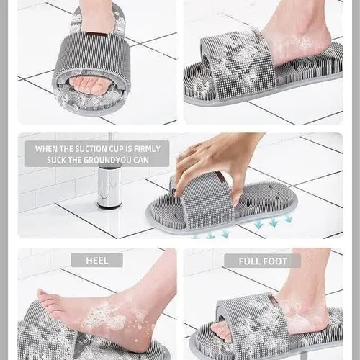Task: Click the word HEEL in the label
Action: pyautogui.click(x=97, y=261)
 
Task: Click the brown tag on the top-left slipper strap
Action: pyautogui.click(x=96, y=35)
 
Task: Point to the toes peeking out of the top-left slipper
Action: pyautogui.click(x=91, y=86)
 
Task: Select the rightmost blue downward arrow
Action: pyautogui.click(x=288, y=218)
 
